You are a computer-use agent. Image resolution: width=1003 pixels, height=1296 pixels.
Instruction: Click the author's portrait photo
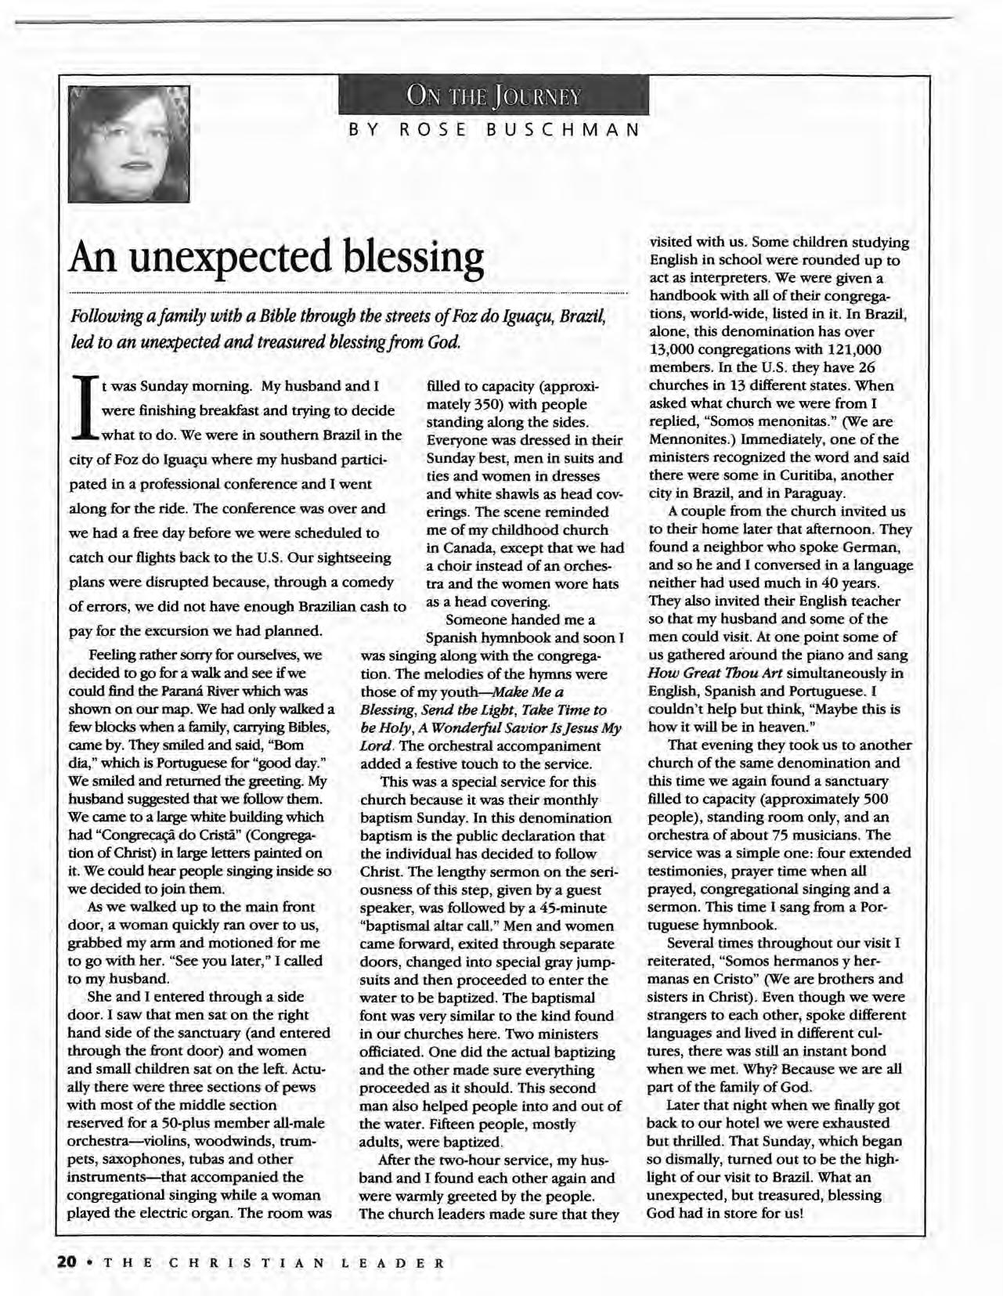128,142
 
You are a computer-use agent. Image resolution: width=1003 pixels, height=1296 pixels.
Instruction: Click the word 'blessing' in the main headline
404,258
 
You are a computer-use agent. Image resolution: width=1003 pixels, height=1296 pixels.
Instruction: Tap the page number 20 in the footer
67,1262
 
